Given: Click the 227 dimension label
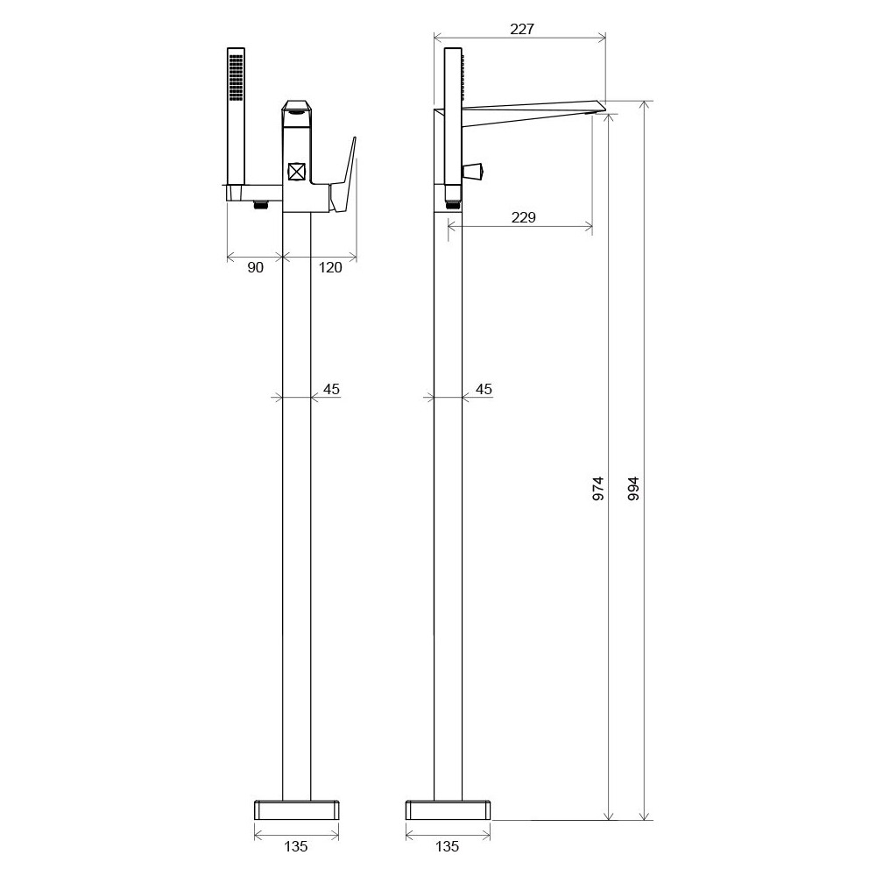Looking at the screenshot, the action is point(522,29).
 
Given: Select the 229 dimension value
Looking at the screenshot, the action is point(524,216).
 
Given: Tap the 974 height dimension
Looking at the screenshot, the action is point(597,488).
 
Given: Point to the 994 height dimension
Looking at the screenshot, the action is point(633,488).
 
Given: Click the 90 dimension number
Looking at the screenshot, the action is point(255,267).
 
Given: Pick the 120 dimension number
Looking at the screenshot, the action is point(330,267).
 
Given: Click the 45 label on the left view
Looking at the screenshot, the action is point(331,389).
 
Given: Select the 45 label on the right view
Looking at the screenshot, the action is point(484,389).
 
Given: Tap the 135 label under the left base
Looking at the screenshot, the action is point(295,846).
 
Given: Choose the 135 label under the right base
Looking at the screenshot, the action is point(447,846).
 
